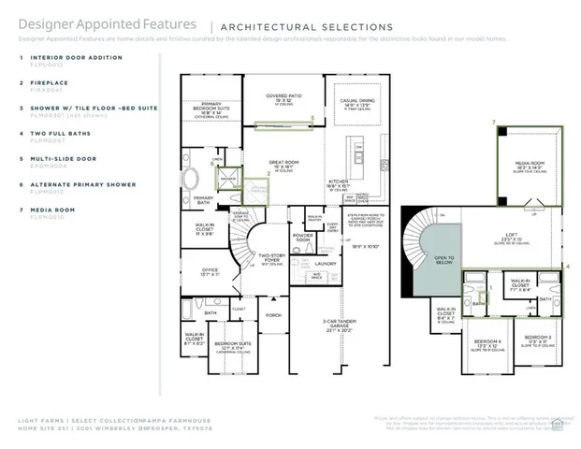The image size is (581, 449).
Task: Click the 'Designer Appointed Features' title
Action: (108, 24)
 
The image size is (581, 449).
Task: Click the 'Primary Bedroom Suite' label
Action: (210, 108)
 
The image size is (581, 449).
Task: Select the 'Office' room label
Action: (210, 272)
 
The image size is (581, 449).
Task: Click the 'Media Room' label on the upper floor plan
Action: (530, 164)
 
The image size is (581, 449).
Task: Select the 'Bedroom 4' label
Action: (487, 341)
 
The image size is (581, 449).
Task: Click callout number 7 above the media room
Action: (492, 123)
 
